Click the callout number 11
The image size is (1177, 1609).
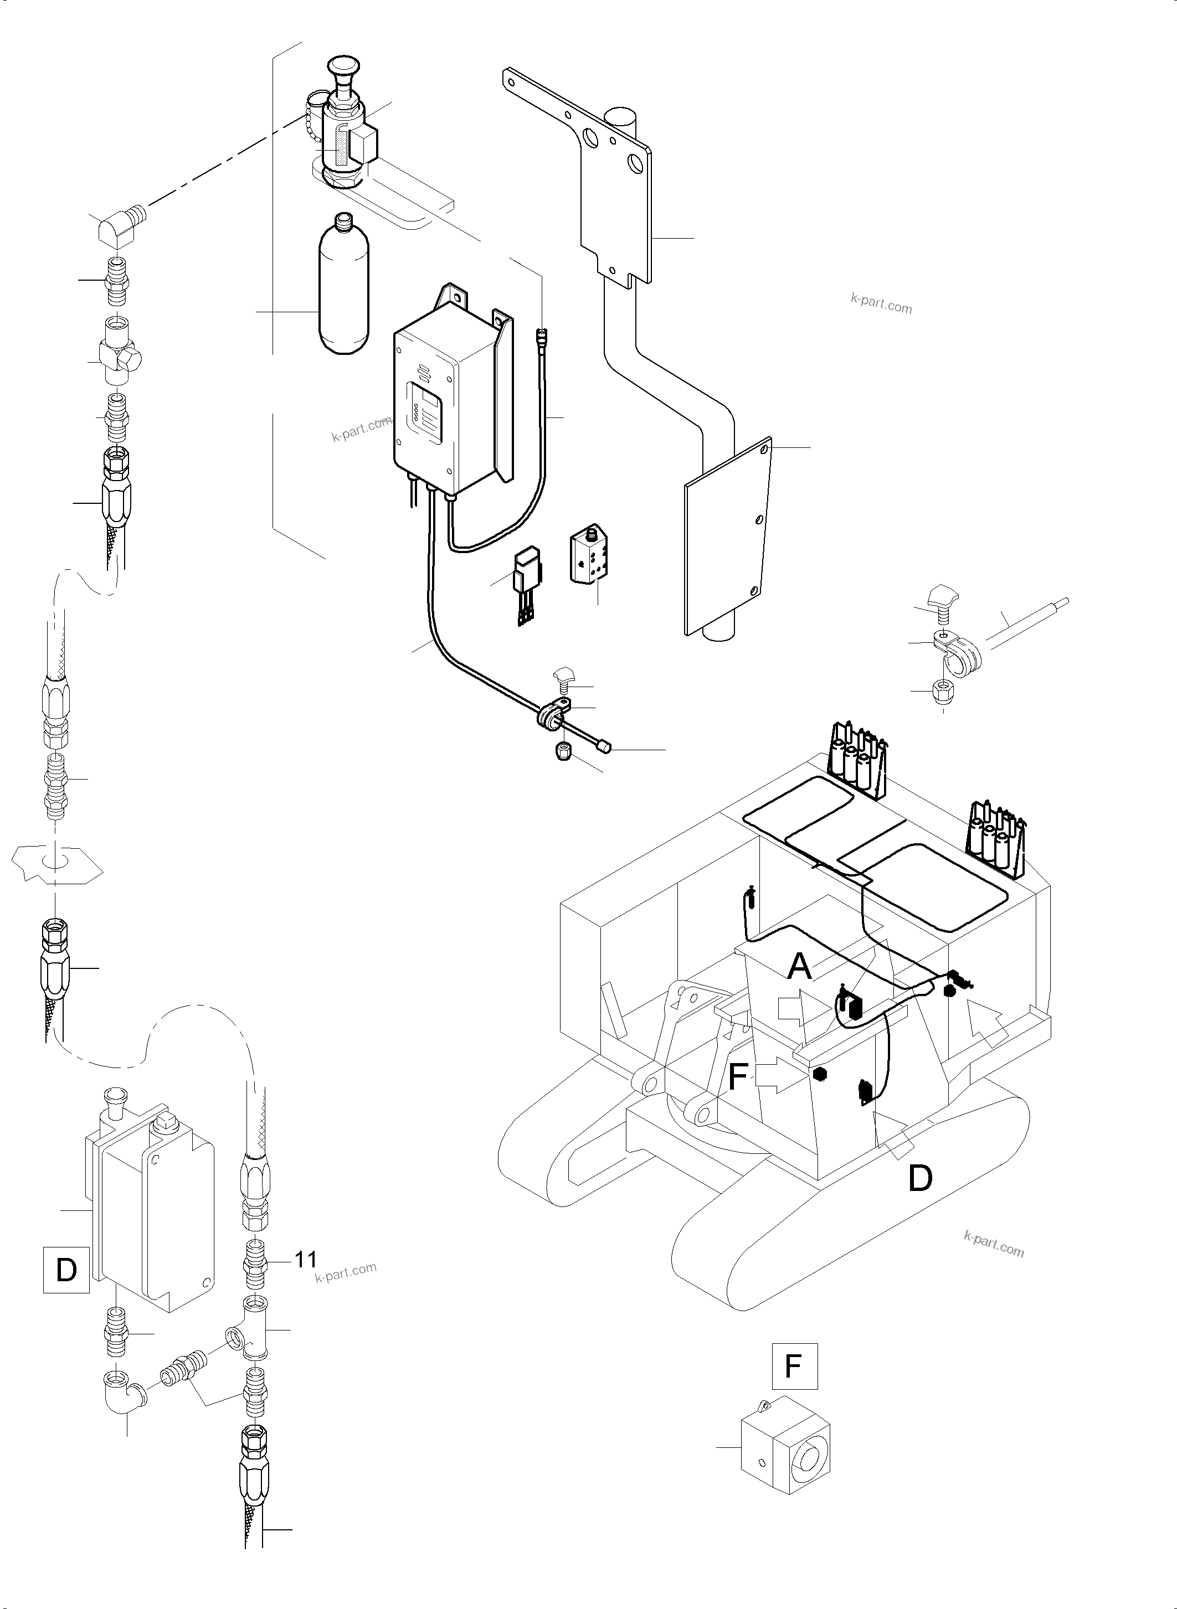click(x=306, y=1260)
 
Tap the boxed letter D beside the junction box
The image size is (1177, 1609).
click(x=66, y=1269)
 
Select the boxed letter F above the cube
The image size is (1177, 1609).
click(x=794, y=1366)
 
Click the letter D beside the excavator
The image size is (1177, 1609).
click(x=920, y=1179)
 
